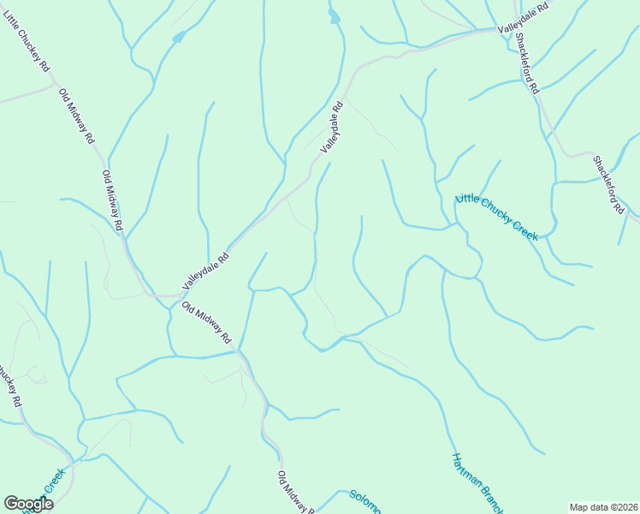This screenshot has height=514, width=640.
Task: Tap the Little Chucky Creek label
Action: point(497,216)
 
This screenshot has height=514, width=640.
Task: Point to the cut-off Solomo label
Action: point(365,500)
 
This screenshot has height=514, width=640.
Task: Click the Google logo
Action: point(29,504)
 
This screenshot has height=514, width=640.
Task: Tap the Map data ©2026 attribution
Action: point(602,506)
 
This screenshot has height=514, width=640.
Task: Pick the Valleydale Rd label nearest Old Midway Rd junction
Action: point(205,269)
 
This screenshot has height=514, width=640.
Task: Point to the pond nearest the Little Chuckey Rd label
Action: point(178,37)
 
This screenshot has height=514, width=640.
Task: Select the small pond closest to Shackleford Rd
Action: point(334,16)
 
